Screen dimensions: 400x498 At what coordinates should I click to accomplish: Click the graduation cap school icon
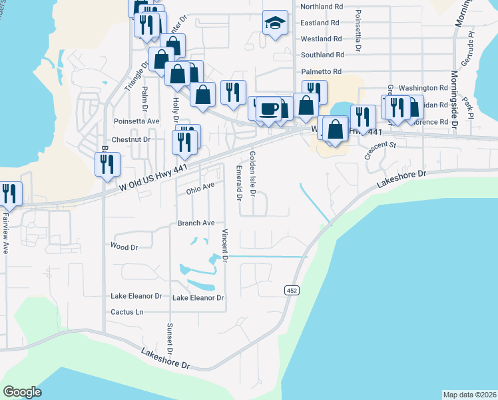pyautogui.click(x=275, y=23)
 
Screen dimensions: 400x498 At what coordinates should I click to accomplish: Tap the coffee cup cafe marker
pyautogui.click(x=268, y=108)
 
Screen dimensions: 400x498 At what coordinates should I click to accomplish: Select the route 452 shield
pyautogui.click(x=292, y=290)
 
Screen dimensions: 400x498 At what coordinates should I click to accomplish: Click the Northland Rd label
pyautogui.click(x=322, y=6)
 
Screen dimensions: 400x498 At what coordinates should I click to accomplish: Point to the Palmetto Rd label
pyautogui.click(x=321, y=71)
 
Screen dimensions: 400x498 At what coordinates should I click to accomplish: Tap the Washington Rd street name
pyautogui.click(x=424, y=88)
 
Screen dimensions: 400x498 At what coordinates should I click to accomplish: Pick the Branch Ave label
pyautogui.click(x=196, y=223)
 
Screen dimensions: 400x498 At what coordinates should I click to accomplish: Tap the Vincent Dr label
pyautogui.click(x=225, y=245)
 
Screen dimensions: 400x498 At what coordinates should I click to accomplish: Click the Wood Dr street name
pyautogui.click(x=124, y=247)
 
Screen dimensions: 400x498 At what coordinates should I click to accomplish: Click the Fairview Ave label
pyautogui.click(x=5, y=230)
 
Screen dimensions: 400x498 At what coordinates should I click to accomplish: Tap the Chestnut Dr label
pyautogui.click(x=132, y=140)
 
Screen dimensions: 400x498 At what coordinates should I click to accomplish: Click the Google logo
pyautogui.click(x=22, y=392)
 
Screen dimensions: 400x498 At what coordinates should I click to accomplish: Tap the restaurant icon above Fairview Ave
pyautogui.click(x=9, y=193)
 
